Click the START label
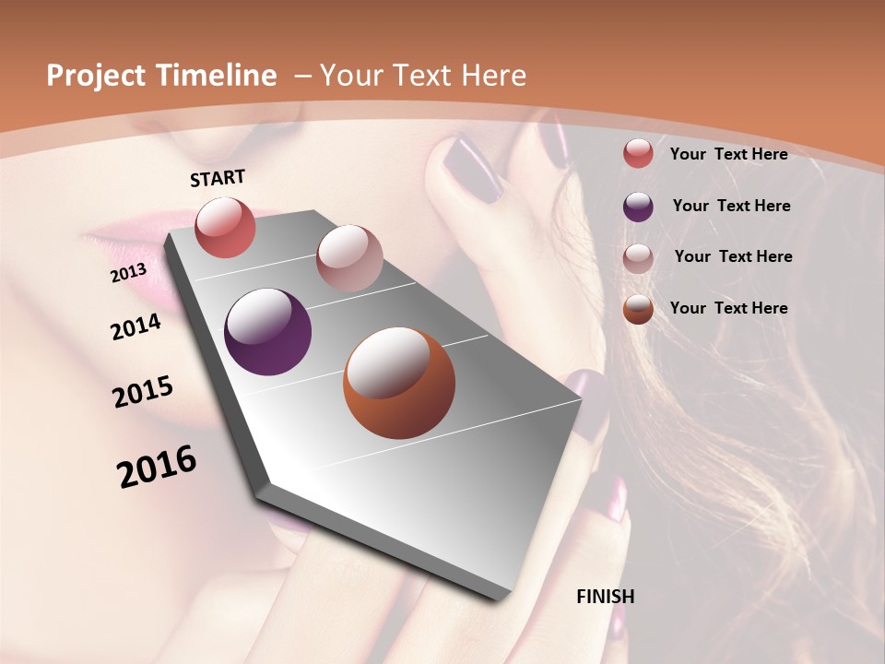(218, 178)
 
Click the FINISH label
(605, 597)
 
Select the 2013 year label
(128, 273)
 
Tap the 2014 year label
(136, 327)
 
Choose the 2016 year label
(157, 467)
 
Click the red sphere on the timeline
(225, 228)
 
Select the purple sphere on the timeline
(267, 332)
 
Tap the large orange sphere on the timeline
(398, 383)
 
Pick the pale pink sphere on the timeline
(348, 258)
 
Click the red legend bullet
(638, 154)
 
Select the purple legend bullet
(638, 207)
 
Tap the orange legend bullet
(638, 309)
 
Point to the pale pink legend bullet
(638, 257)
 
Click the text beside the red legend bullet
(728, 154)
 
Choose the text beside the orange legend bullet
(728, 308)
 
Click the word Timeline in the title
(217, 76)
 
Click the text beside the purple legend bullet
(731, 206)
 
